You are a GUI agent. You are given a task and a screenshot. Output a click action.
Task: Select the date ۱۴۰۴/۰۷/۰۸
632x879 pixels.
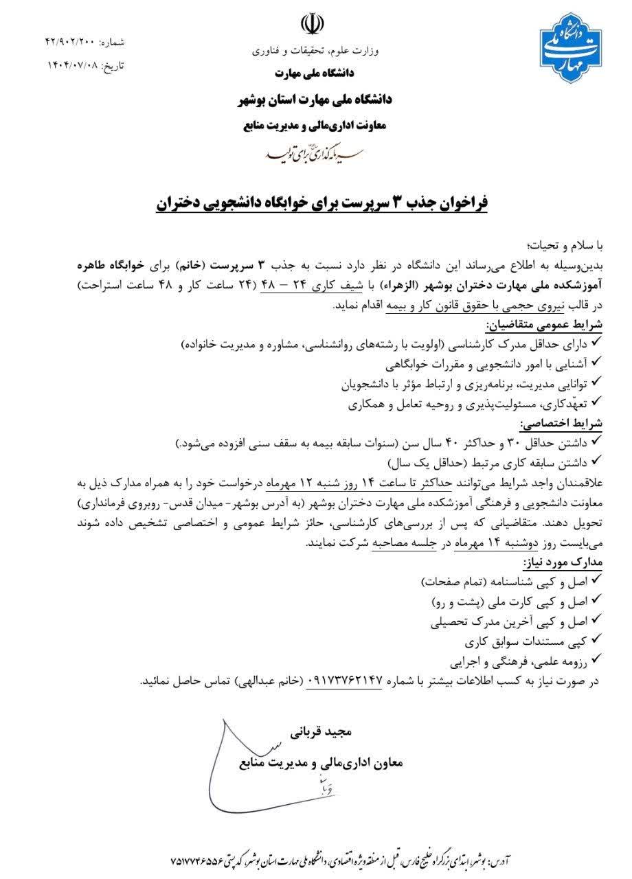click(73, 66)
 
